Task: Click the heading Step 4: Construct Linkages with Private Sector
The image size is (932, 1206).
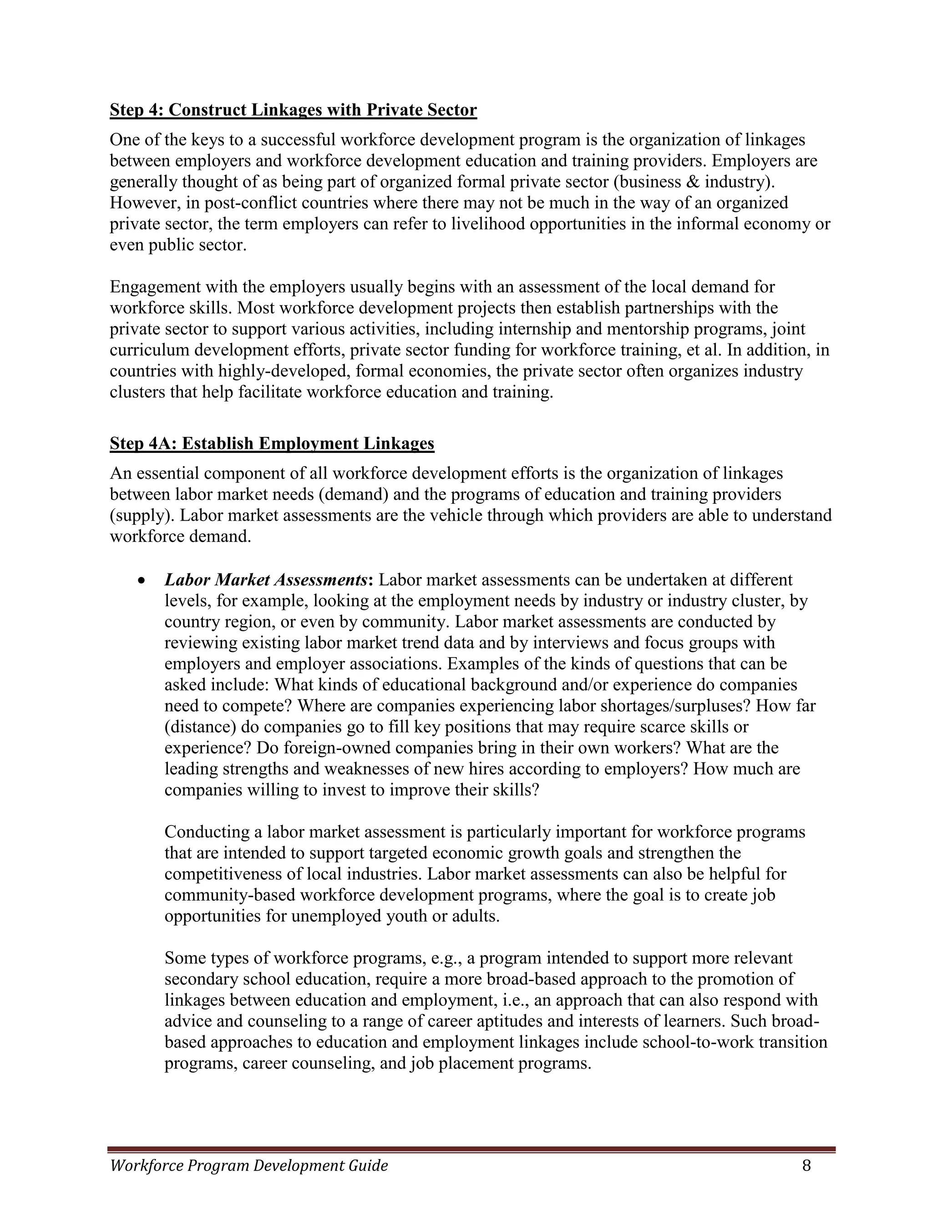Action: (293, 110)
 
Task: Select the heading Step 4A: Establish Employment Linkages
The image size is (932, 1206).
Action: (272, 443)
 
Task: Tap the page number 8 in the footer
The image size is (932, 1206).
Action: (806, 1165)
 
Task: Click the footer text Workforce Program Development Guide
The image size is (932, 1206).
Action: (249, 1165)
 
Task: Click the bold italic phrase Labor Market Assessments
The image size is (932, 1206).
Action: (265, 580)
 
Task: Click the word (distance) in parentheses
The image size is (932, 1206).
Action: (199, 727)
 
